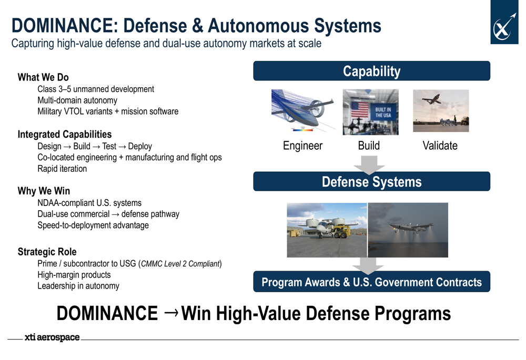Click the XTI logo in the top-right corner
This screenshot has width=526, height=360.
(504, 22)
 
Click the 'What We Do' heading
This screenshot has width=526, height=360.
(43, 77)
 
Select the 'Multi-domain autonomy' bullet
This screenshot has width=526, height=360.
(77, 100)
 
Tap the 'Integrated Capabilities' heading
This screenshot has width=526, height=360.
(64, 134)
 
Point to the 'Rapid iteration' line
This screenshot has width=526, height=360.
(62, 169)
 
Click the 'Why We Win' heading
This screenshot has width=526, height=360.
(44, 191)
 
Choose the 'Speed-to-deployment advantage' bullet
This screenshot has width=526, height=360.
(93, 225)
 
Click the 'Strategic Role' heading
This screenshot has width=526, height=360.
(47, 251)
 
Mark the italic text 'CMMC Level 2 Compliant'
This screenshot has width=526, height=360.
(180, 264)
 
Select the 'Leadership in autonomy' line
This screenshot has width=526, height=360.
(78, 286)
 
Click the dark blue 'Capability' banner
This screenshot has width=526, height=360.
(371, 71)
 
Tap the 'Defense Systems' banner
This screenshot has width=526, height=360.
(371, 181)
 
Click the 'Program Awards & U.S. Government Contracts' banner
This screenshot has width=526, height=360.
(371, 282)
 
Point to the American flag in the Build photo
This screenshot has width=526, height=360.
(360, 110)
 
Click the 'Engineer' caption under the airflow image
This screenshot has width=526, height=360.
(302, 146)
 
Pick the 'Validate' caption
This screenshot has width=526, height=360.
(440, 146)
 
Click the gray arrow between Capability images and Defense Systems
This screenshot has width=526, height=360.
(369, 165)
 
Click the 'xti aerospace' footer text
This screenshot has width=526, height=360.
(52, 337)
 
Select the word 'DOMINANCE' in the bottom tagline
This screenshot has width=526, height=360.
(107, 313)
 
